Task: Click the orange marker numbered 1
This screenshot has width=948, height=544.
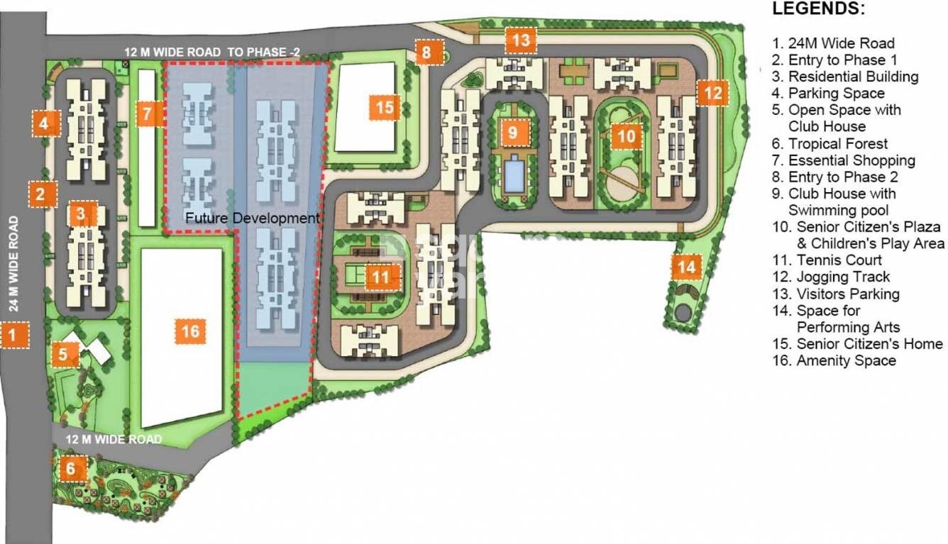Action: [14, 334]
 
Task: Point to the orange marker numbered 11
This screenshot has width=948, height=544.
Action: [381, 277]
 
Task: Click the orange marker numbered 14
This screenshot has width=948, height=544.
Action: [686, 267]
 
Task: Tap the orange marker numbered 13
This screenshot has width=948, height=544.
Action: [521, 40]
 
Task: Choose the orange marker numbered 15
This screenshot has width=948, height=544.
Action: [385, 108]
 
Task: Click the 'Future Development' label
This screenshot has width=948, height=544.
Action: [253, 218]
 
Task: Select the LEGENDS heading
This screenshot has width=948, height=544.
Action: [818, 10]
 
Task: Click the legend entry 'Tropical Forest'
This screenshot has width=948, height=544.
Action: [828, 144]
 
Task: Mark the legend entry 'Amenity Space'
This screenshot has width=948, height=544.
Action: [845, 361]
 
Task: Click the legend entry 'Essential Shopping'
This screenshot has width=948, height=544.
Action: [851, 161]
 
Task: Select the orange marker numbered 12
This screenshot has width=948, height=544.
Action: [713, 92]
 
